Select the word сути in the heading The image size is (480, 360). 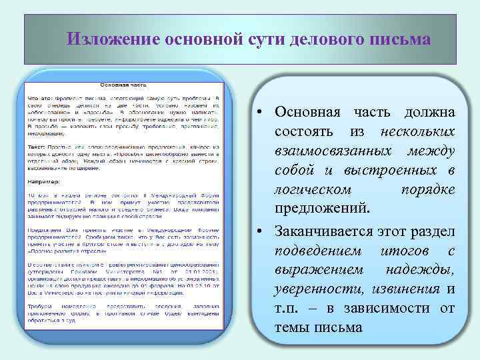coord(265,39)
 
